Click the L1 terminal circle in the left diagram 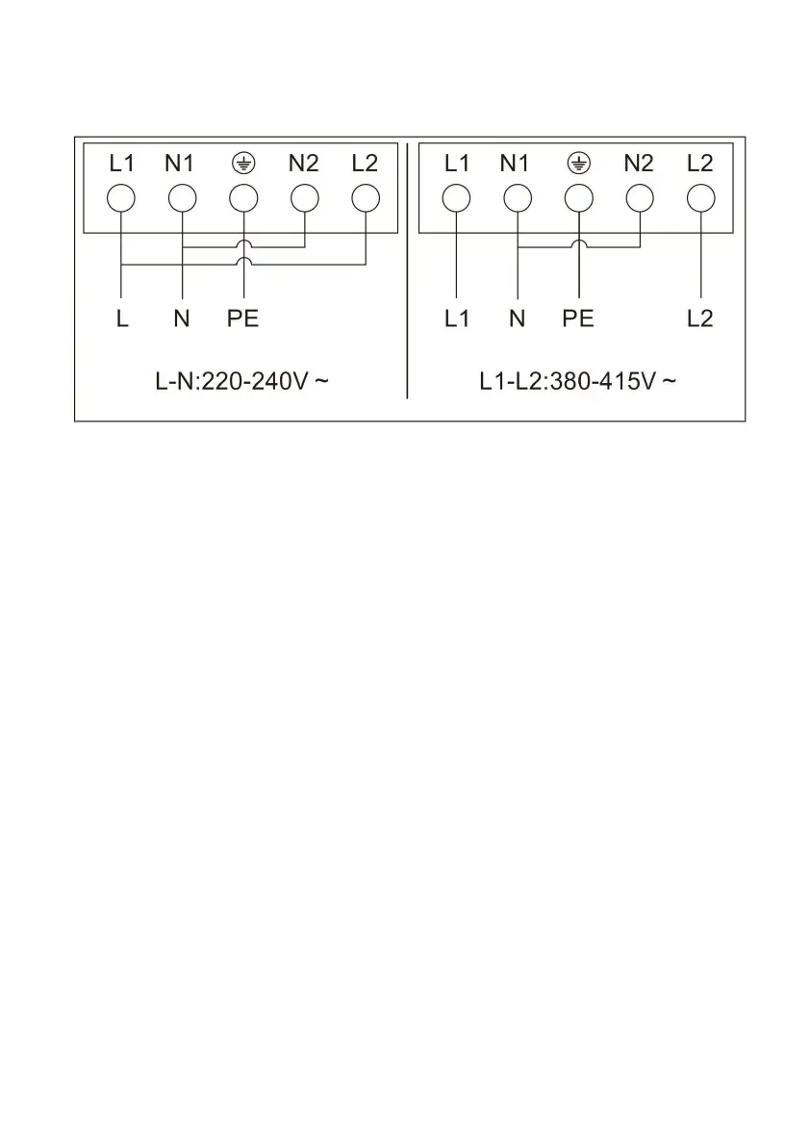tap(121, 198)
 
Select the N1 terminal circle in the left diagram tap(182, 198)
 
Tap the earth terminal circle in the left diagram tap(243, 198)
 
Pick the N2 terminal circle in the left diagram tap(304, 198)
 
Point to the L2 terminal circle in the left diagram tap(366, 198)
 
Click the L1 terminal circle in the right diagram tap(457, 198)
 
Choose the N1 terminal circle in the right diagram tap(518, 198)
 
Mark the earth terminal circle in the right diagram tap(578, 198)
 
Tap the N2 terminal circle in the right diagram tap(640, 198)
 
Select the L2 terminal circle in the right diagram tap(700, 198)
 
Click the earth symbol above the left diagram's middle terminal tap(243, 164)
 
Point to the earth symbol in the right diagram tap(578, 164)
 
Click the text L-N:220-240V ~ tap(242, 381)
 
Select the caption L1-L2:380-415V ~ tap(577, 381)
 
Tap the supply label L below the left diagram tap(122, 318)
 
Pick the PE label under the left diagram tap(243, 318)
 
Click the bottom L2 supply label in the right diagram tap(700, 318)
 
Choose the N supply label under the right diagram tap(518, 318)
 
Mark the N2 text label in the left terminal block tap(303, 164)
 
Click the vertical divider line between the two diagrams tap(407, 279)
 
